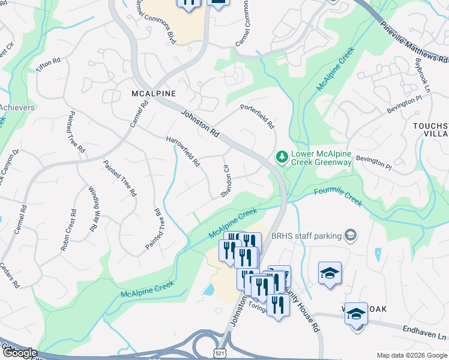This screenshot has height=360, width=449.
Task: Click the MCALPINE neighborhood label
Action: click(154, 94)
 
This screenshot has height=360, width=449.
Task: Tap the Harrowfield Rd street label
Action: click(183, 151)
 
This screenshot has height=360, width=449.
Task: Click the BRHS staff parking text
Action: click(306, 236)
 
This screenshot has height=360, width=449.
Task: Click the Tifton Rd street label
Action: click(49, 65)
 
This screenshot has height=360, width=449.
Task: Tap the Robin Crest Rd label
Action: click(68, 230)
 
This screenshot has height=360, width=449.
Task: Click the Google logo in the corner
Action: click(19, 353)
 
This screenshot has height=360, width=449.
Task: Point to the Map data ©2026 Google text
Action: click(411, 355)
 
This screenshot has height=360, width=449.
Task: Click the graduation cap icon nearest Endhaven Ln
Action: click(356, 313)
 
